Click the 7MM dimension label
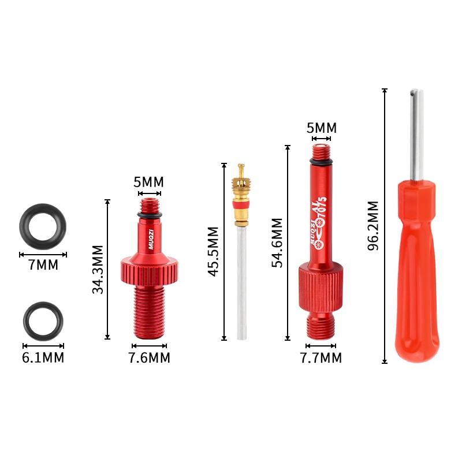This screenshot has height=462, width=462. tap(43, 264)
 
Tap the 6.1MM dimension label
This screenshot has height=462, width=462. tap(43, 357)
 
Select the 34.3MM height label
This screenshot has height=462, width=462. tap(98, 269)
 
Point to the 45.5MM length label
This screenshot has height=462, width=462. tap(213, 251)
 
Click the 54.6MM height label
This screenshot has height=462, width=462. tap(277, 243)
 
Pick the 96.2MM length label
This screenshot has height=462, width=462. tap(373, 226)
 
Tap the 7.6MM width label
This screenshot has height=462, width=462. tap(150, 357)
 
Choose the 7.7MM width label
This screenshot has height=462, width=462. tap(321, 357)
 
